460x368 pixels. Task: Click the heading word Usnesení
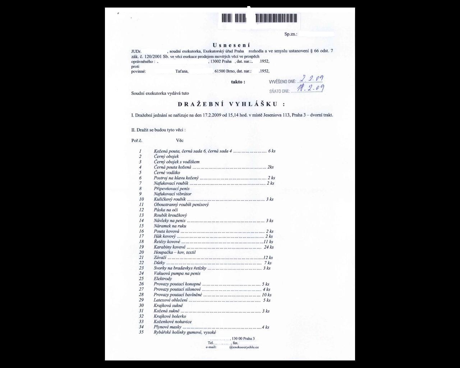(x=231, y=45)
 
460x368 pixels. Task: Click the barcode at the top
(x=259, y=18)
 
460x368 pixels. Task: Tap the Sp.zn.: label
(x=291, y=34)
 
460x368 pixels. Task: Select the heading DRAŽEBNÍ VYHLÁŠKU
(x=231, y=104)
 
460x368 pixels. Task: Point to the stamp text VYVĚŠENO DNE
(x=282, y=82)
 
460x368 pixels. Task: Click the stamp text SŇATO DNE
(x=280, y=91)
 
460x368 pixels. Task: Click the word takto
(x=238, y=82)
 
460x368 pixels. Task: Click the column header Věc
(x=180, y=141)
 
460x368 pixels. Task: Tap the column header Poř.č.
(x=137, y=141)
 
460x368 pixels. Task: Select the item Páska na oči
(x=166, y=210)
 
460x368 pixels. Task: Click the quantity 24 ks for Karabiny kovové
(x=269, y=247)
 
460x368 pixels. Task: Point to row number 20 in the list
(x=141, y=252)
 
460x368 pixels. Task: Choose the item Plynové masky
(x=167, y=327)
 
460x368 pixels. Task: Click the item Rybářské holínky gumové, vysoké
(x=185, y=332)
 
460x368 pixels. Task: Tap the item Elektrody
(x=163, y=279)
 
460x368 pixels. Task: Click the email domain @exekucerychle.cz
(x=244, y=347)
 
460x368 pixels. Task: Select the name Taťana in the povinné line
(x=182, y=72)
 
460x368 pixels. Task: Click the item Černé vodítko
(x=167, y=172)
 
